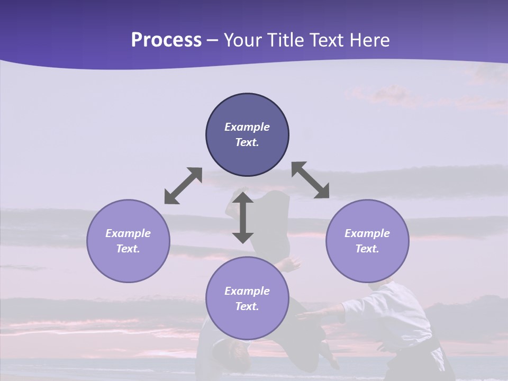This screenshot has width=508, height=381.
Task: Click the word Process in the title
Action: pos(166,40)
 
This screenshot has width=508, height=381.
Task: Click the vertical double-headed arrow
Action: pos(243,217)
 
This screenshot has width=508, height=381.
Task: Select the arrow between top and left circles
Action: pos(183,186)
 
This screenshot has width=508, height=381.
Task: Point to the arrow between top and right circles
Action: pos(310,180)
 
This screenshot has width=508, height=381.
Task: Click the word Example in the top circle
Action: pos(247,127)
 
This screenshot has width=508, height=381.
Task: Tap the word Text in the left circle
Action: pos(128,249)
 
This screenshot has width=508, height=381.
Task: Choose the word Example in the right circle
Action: pos(367,233)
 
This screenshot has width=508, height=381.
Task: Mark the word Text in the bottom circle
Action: pos(247,306)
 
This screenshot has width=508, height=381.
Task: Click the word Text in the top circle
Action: pos(247,142)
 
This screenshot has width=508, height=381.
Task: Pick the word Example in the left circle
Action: pos(128,233)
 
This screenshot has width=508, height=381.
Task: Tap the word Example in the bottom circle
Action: pos(247,291)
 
